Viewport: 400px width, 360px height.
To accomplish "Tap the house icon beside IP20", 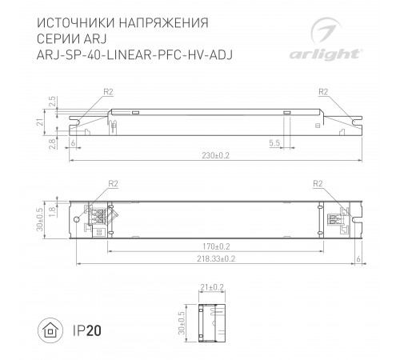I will (50, 328).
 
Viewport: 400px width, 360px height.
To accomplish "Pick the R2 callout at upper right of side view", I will (324, 93).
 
